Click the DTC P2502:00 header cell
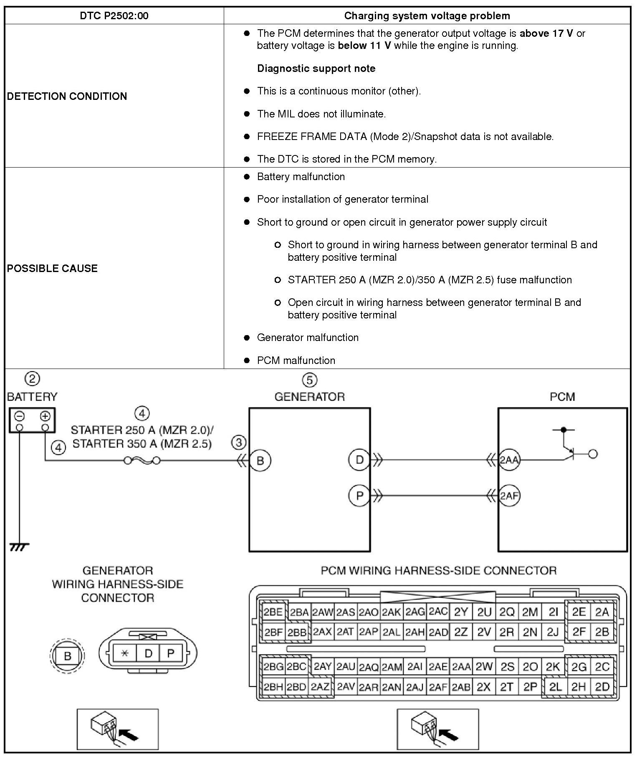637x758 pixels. [x=114, y=16]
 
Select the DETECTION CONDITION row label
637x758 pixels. [x=67, y=96]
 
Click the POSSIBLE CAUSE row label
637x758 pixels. [x=52, y=268]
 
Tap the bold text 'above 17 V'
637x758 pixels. [x=546, y=33]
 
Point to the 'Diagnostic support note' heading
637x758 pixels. [x=316, y=69]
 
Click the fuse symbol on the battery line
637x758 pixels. [x=142, y=460]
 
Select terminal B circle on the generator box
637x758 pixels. [x=260, y=460]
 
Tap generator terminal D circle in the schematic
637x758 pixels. [x=359, y=460]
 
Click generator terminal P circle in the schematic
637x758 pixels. [x=359, y=496]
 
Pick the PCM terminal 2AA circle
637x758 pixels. [x=509, y=460]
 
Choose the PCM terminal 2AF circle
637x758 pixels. [x=509, y=496]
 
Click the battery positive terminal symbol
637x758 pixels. [x=45, y=416]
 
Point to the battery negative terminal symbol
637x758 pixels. [x=20, y=416]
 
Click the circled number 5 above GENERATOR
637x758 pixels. [x=309, y=380]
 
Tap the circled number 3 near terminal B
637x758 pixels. [x=239, y=443]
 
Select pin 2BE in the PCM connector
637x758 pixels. [x=273, y=612]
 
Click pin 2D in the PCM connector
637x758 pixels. [x=602, y=687]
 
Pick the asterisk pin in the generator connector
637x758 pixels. [x=125, y=654]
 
